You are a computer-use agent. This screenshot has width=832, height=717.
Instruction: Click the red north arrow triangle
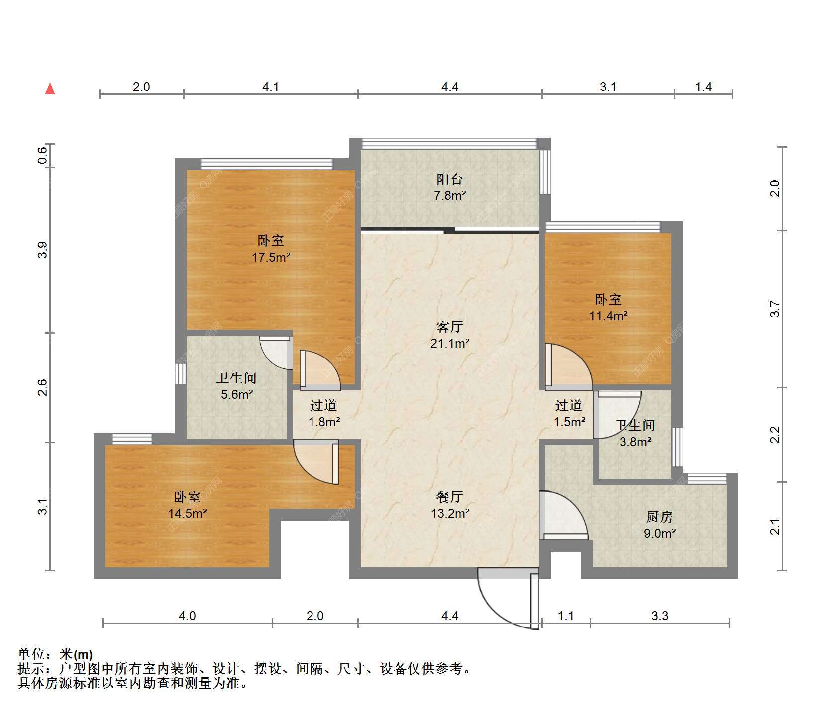(x=50, y=89)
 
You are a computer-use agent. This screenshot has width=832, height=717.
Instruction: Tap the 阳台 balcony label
(x=450, y=179)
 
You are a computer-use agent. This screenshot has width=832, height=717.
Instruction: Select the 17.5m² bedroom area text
(x=271, y=257)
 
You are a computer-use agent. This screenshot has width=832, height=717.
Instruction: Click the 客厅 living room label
(x=450, y=327)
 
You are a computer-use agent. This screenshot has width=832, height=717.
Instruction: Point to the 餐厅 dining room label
(x=450, y=496)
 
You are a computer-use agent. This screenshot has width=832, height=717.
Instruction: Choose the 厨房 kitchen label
(x=660, y=517)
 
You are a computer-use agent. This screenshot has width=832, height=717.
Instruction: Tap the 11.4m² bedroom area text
(x=609, y=315)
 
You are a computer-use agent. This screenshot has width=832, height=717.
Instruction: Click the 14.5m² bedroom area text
(x=187, y=513)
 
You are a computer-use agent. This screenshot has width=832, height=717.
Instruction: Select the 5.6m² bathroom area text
(x=237, y=394)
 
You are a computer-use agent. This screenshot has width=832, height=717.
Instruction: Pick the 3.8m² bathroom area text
(x=635, y=441)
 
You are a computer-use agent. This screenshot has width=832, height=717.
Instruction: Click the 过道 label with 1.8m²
(x=323, y=406)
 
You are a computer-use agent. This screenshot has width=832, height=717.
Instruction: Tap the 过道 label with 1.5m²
(x=569, y=406)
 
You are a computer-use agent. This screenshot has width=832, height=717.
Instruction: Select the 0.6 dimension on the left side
(x=43, y=155)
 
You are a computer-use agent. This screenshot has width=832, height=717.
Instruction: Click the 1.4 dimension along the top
(x=703, y=87)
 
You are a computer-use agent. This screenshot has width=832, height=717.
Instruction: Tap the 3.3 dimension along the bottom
(x=660, y=616)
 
